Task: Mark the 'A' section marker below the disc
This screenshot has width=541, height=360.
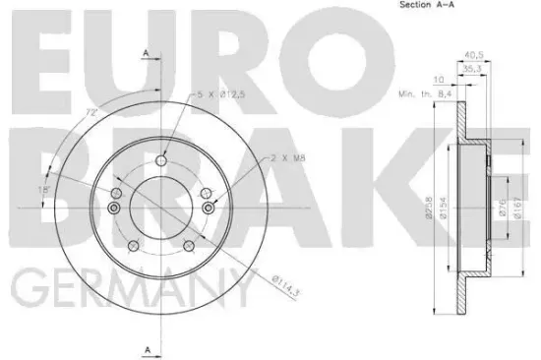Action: tap(145, 350)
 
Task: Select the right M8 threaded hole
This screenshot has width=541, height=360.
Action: tap(207, 208)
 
